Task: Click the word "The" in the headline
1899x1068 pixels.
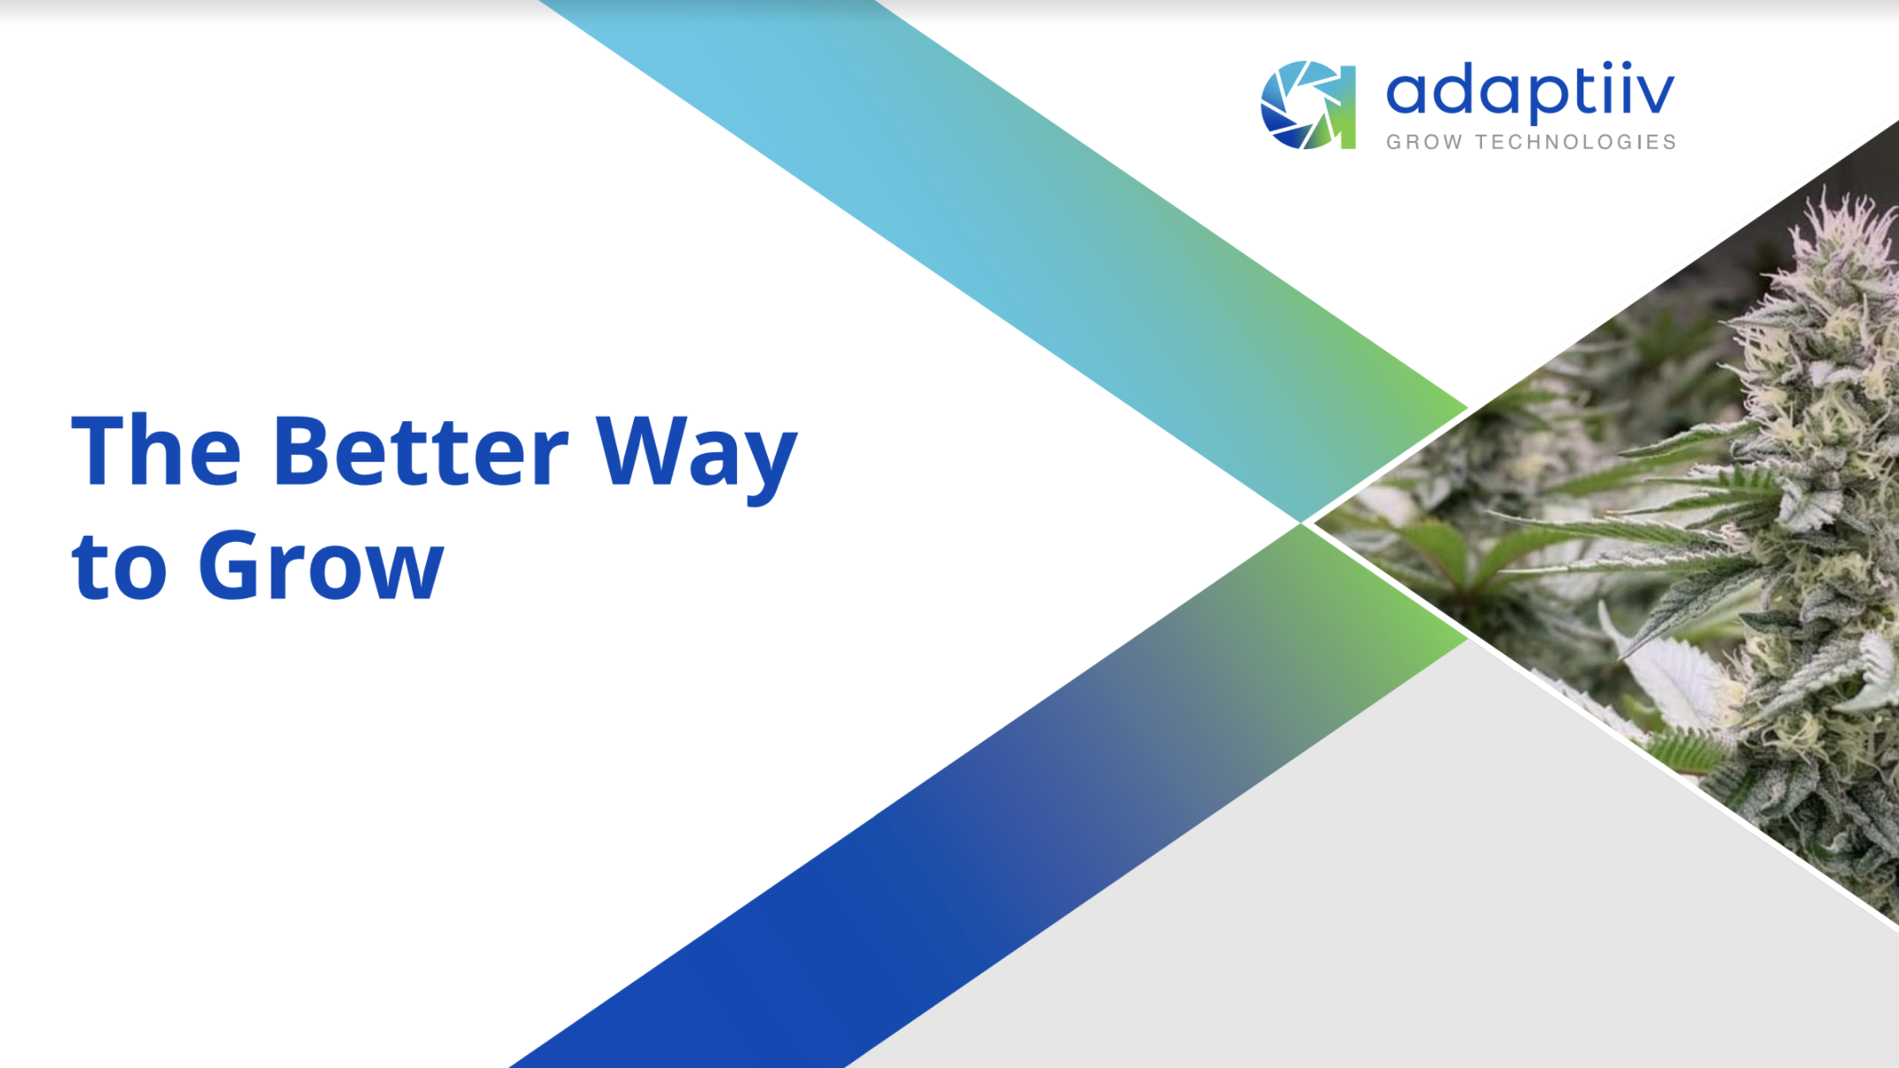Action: pyautogui.click(x=155, y=450)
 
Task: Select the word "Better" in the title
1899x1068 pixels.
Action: pyautogui.click(x=421, y=450)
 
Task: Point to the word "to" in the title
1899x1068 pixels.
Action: pyautogui.click(x=119, y=567)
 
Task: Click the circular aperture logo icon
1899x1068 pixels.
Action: pyautogui.click(x=1307, y=105)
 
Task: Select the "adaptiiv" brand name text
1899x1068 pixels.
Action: pyautogui.click(x=1530, y=92)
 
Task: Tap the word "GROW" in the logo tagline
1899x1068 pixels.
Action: pyautogui.click(x=1424, y=143)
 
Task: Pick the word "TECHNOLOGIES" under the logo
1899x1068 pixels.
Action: pyautogui.click(x=1575, y=143)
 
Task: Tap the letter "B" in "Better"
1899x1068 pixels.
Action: pyautogui.click(x=301, y=450)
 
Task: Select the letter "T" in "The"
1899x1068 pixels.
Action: pyautogui.click(x=98, y=449)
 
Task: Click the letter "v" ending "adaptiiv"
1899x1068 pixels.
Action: pyautogui.click(x=1655, y=93)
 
